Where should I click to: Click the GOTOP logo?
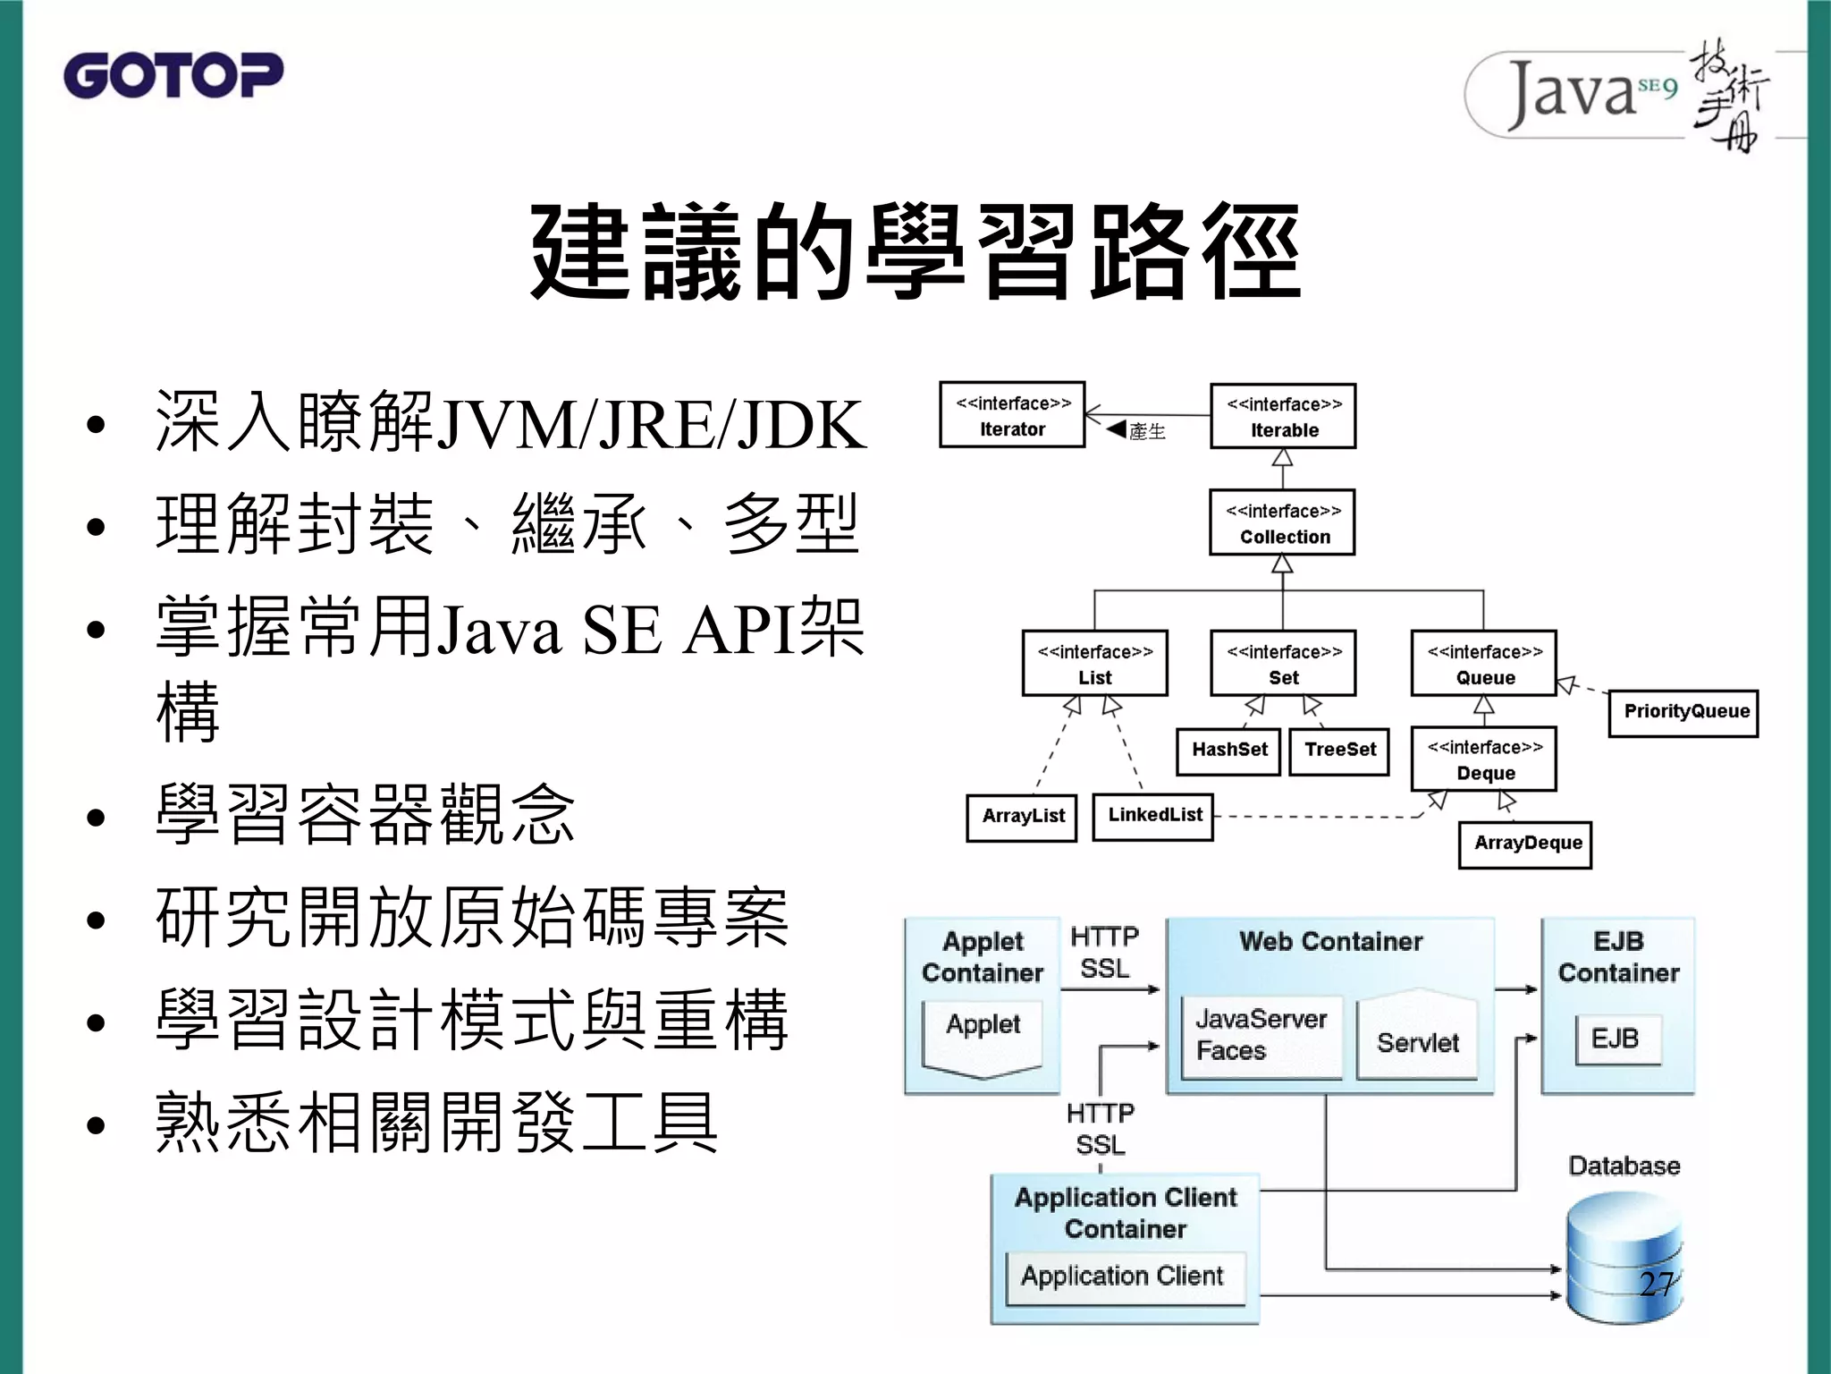tap(173, 75)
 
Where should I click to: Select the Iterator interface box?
tap(1012, 415)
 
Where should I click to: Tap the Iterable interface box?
tap(1283, 416)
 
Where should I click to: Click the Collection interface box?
tap(1283, 522)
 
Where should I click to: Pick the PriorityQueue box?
tap(1683, 713)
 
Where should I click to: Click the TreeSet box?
tap(1339, 751)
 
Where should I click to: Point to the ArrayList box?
tap(1022, 817)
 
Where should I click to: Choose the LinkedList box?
tap(1154, 816)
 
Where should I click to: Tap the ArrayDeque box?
tap(1525, 844)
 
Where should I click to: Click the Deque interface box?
tap(1484, 759)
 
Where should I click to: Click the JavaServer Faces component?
tap(1261, 1036)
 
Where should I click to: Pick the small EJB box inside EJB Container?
tap(1616, 1039)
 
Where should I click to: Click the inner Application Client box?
tap(1124, 1277)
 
